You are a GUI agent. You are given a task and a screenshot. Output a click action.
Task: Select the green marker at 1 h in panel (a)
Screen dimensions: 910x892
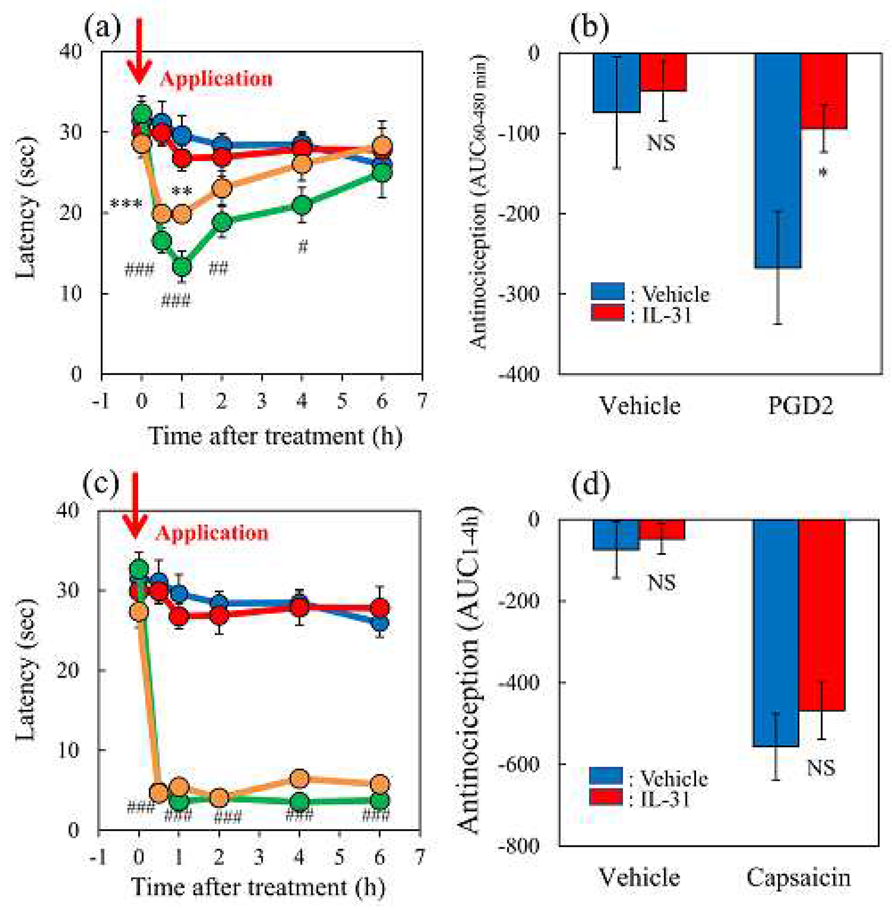click(182, 266)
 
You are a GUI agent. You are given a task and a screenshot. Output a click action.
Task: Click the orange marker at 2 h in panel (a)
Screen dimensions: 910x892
click(222, 189)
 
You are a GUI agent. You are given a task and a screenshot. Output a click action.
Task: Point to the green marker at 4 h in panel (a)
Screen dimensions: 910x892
click(302, 205)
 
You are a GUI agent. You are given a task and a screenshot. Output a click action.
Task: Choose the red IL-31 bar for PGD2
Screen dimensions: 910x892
click(823, 91)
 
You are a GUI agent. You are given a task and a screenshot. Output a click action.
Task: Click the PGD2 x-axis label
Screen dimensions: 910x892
click(800, 407)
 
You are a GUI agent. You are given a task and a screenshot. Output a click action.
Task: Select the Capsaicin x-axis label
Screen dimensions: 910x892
click(799, 878)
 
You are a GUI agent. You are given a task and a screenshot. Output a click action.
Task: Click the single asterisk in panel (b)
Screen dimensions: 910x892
click(823, 173)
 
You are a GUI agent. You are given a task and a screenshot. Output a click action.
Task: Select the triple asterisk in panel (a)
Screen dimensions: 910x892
click(126, 205)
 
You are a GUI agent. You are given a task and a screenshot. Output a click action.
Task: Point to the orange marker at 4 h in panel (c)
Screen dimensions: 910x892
click(300, 779)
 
